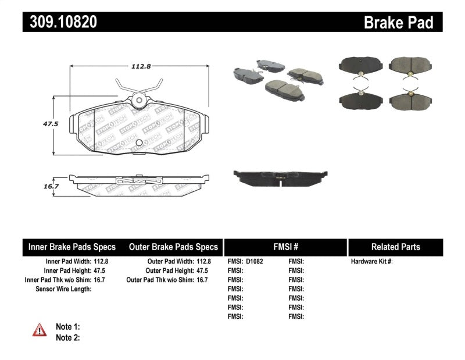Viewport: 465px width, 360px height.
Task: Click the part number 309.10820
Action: coord(60,22)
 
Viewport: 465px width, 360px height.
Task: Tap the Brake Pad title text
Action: coord(398,22)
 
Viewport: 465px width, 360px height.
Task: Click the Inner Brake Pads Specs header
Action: coord(72,247)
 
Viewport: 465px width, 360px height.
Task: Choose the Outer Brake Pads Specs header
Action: coord(173,247)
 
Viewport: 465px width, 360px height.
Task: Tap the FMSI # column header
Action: coord(285,247)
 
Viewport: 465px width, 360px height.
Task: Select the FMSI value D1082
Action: coord(255,262)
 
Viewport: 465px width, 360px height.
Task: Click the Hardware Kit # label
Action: coord(371,262)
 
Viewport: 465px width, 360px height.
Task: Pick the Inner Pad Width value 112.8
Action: coord(101,262)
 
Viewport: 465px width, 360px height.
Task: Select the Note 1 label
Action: coord(67,327)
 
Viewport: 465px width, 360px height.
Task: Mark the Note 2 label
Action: coord(67,337)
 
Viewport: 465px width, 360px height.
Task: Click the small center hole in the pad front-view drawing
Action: coord(138,143)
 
